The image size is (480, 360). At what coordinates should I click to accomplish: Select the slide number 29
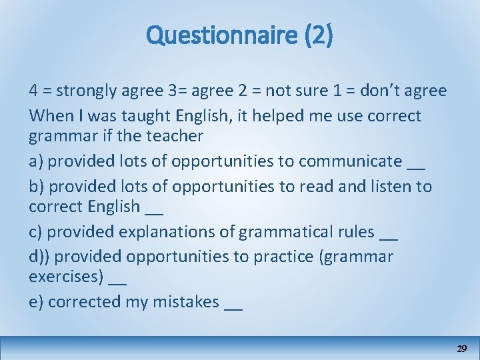[461, 349]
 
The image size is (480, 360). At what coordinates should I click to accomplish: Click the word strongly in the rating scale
[89, 91]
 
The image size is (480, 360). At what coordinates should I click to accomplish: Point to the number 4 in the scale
[33, 91]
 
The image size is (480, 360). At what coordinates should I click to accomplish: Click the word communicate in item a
[350, 161]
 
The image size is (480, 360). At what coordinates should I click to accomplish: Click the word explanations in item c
[176, 232]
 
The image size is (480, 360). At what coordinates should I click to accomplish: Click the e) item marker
[36, 302]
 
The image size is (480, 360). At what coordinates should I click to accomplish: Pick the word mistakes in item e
[186, 302]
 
